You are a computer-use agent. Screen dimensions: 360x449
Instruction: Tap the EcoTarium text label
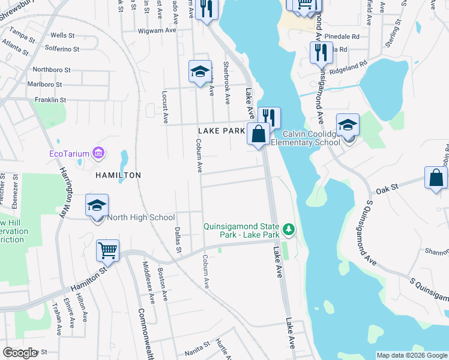[x=68, y=154]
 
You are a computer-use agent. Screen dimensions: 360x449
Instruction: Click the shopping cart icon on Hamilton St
[x=107, y=250]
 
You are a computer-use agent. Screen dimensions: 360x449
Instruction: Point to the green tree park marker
[x=289, y=229]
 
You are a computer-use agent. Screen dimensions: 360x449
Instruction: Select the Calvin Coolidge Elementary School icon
[x=348, y=125]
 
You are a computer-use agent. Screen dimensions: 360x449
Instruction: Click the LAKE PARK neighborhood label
[x=221, y=130]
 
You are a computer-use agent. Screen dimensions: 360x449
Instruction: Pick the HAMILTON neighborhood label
[x=118, y=175]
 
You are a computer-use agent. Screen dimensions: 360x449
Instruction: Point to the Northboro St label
[x=52, y=69]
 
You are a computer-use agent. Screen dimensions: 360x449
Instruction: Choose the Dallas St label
[x=178, y=239]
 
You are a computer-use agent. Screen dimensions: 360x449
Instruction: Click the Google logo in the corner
[x=20, y=353]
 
